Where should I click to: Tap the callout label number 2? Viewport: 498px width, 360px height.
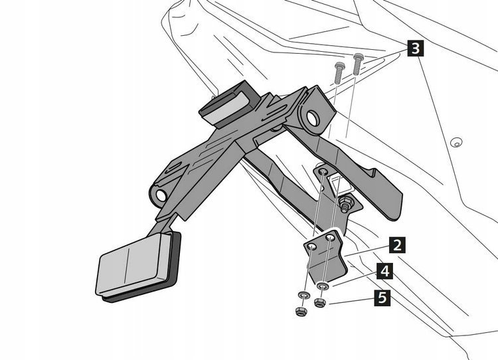tap(396, 245)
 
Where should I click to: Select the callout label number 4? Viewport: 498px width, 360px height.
tap(384, 272)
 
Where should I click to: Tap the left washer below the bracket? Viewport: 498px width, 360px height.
tap(303, 296)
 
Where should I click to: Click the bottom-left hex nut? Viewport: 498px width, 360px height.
tap(299, 311)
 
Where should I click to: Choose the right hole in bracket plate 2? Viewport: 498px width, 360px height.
tap(330, 237)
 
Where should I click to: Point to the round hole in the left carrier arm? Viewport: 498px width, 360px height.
tap(162, 196)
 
